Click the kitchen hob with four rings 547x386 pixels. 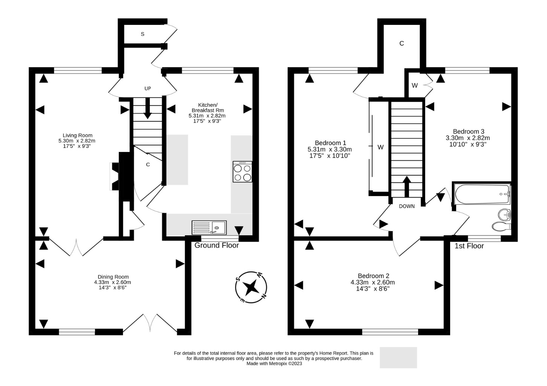(242, 172)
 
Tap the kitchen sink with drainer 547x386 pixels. (209, 228)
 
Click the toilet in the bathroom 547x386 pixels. (501, 226)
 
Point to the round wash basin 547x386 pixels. (504, 214)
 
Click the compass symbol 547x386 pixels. (251, 287)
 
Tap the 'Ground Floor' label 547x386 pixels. (217, 245)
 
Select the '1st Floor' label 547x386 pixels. (469, 246)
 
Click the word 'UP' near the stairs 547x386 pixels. (148, 88)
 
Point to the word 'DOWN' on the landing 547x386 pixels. (407, 206)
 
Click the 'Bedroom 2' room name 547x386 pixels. (374, 276)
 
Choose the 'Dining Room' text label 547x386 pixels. (113, 277)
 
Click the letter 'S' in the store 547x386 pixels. (142, 34)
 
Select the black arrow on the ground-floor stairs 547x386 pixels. (147, 108)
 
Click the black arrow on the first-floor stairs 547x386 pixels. (407, 187)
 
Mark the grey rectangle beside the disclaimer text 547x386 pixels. (398, 357)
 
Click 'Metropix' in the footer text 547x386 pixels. (278, 363)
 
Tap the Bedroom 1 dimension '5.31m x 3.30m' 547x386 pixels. (329, 149)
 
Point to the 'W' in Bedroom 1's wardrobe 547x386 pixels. (380, 147)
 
